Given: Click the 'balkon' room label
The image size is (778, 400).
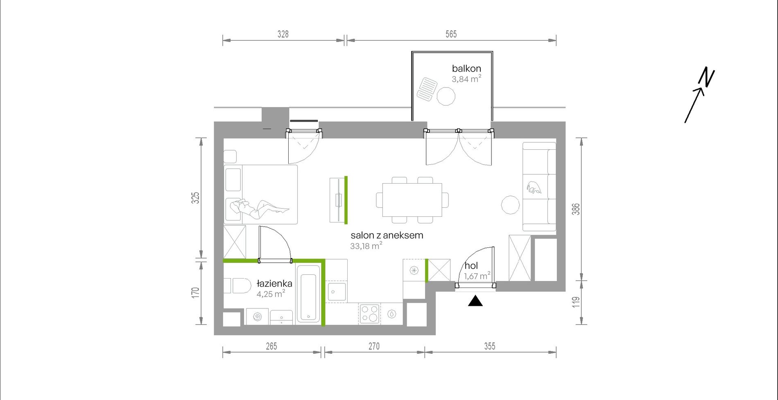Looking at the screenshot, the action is pos(466,69).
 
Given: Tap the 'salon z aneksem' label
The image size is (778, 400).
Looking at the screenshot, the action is pos(387,236).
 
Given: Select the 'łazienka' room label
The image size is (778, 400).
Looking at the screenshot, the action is pos(274,283).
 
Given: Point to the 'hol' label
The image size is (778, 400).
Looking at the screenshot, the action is pos(471,266).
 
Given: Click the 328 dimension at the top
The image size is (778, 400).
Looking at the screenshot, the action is pos(283,34).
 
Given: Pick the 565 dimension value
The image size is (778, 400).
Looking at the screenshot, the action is pos(451,34).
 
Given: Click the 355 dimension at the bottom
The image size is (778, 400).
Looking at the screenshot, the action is pos(490,346).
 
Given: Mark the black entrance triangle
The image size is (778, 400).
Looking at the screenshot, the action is pos(475,301).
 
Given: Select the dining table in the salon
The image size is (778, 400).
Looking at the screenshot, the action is pos(412,200).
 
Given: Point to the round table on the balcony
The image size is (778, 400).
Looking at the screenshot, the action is pos(446,97).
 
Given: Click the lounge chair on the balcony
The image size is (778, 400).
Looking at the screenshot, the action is pos(427,89).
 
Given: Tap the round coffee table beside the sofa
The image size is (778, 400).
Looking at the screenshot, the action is pos(511,204).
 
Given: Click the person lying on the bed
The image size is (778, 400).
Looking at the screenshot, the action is pos(259,208).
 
